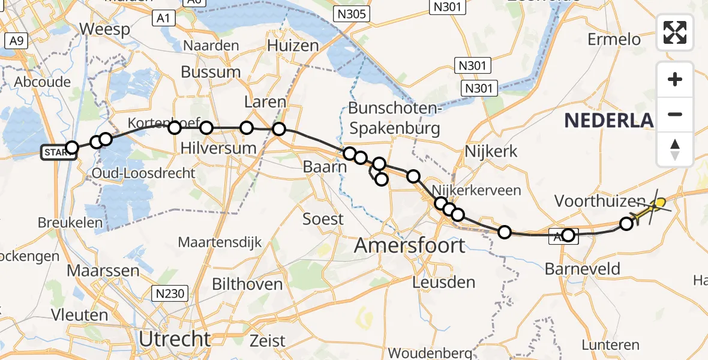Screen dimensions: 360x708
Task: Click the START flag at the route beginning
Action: coord(58,152)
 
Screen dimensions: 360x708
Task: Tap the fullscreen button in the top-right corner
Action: coord(675,32)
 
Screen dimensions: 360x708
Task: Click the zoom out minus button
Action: coord(675,114)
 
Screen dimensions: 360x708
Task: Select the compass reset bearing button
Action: coord(675,149)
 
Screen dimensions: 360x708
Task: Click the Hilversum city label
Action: coord(218,148)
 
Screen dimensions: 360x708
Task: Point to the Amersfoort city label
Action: coord(410,245)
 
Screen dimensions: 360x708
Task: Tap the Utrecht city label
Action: coord(175,339)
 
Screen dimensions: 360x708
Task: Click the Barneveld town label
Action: coord(583,269)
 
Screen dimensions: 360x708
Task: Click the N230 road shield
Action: coord(170,293)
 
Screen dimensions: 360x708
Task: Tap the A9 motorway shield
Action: coord(16,41)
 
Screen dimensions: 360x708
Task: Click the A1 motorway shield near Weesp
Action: coord(163,19)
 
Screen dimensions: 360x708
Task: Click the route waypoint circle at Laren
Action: coord(279,128)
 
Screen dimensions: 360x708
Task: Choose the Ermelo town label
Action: coord(614,40)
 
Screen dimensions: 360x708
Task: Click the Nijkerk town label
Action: coord(491,151)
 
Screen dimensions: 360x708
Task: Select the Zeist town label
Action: coord(268,341)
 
